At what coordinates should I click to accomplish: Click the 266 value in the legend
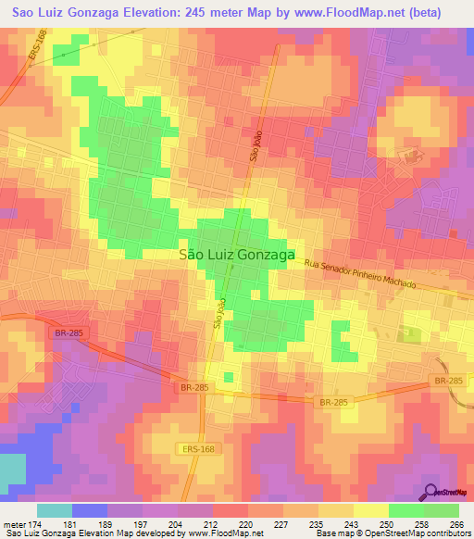pyautogui.click(x=456, y=523)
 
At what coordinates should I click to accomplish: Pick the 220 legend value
pyautogui.click(x=246, y=523)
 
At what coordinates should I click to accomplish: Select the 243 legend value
pyautogui.click(x=351, y=523)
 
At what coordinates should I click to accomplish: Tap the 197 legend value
pyautogui.click(x=141, y=523)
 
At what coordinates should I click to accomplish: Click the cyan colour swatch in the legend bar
pyautogui.click(x=55, y=510)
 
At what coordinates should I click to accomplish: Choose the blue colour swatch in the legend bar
pyautogui.click(x=90, y=510)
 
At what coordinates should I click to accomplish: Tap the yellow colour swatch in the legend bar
pyautogui.click(x=371, y=510)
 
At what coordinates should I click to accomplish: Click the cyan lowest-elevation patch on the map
pyautogui.click(x=12, y=472)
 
